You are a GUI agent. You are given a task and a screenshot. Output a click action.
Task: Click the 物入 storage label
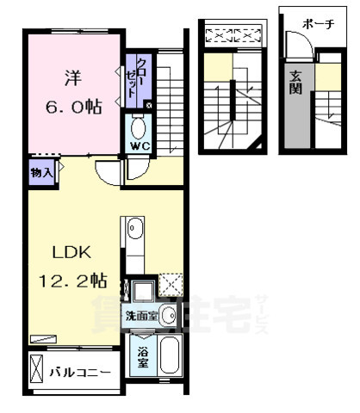(41, 172)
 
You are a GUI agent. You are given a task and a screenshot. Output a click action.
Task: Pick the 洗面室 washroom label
(141, 315)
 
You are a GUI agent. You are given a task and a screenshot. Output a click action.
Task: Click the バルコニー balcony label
(79, 373)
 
